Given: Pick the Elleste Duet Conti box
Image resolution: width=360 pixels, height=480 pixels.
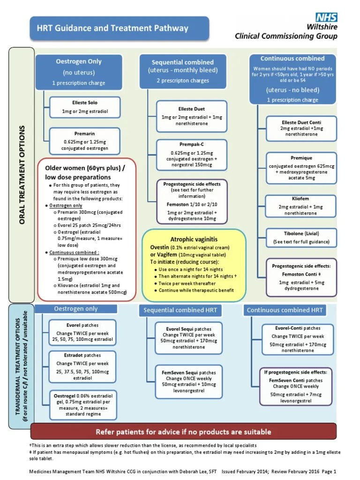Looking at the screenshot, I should pyautogui.click(x=301, y=128).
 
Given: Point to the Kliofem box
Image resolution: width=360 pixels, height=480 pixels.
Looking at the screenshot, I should pyautogui.click(x=301, y=207).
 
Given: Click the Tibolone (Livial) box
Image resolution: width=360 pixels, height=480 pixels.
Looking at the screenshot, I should pyautogui.click(x=301, y=238).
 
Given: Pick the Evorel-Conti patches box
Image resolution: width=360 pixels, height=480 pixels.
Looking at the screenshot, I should pyautogui.click(x=298, y=339).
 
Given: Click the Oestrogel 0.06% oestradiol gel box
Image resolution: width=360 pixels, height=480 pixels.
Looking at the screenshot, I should pyautogui.click(x=82, y=405).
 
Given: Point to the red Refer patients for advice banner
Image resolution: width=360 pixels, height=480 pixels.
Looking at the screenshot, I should pyautogui.click(x=183, y=431).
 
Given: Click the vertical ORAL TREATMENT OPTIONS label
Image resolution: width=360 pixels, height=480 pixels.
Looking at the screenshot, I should pyautogui.click(x=22, y=174).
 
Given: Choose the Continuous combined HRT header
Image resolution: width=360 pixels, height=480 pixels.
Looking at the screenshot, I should pyautogui.click(x=285, y=310).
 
